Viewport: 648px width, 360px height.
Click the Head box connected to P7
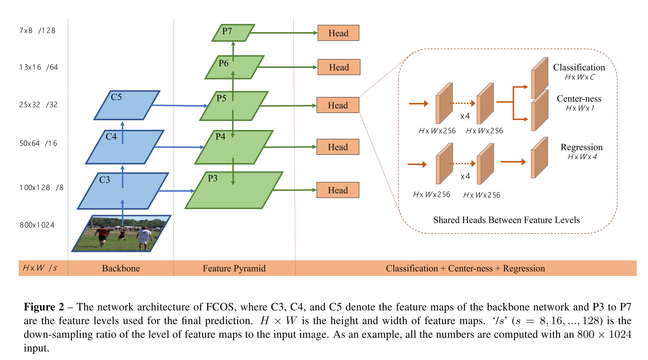point(338,33)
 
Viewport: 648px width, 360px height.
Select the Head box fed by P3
point(337,190)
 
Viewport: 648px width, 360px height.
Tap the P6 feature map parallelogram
point(235,67)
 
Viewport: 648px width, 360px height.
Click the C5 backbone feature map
point(127,105)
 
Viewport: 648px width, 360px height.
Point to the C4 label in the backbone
point(111,137)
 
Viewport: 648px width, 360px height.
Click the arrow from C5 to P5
point(179,106)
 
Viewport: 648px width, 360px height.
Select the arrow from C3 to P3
point(177,191)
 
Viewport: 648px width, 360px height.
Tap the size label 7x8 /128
point(37,31)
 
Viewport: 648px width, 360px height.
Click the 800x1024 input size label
point(37,225)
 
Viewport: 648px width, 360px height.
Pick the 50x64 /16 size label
point(38,143)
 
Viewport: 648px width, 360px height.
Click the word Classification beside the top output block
point(579,68)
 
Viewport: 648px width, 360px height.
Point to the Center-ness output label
point(579,99)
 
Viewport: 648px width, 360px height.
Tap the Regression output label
point(581,147)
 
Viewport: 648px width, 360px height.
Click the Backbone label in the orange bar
point(121,268)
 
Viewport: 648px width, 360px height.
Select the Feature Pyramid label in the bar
point(234,268)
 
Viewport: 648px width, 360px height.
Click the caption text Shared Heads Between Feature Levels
point(506,220)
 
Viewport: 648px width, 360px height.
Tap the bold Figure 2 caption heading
point(44,307)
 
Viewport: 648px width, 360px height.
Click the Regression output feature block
point(539,158)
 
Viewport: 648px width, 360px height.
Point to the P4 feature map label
point(220,137)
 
